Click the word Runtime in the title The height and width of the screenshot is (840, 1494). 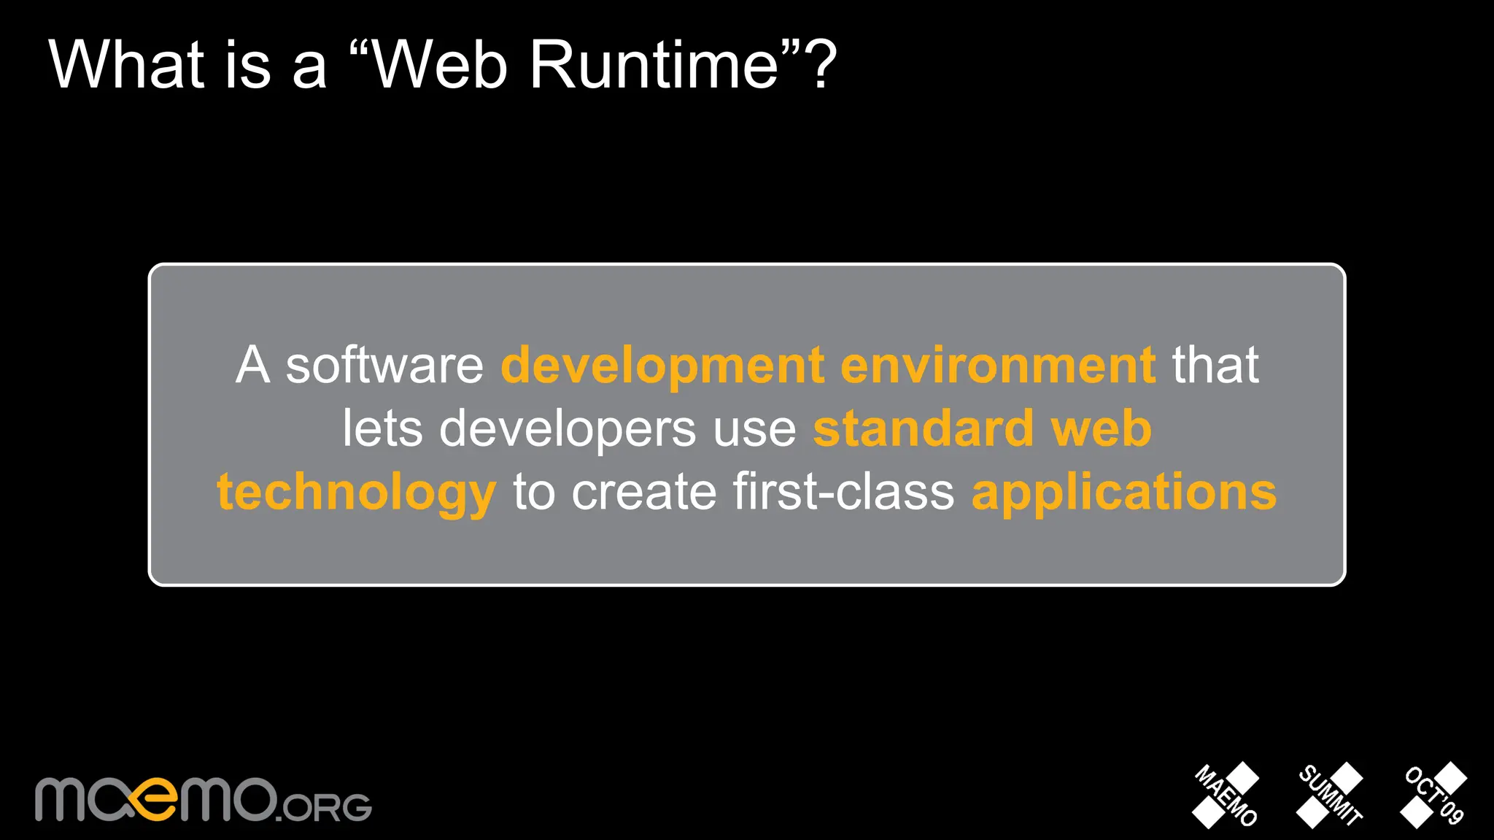(x=654, y=66)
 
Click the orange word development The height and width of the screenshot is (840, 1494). (x=662, y=366)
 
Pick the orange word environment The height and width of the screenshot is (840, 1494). (x=997, y=366)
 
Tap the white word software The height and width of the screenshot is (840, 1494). (x=384, y=366)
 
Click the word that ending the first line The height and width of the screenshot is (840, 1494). (x=1215, y=366)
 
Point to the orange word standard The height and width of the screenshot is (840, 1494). (x=924, y=429)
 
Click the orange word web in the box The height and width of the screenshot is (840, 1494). (x=1101, y=429)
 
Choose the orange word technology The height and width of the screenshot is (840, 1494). (x=357, y=493)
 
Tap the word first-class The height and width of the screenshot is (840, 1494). (x=843, y=493)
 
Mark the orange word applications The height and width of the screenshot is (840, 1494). (x=1124, y=493)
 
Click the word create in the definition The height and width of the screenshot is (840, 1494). (x=644, y=493)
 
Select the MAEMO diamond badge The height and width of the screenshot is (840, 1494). (x=1226, y=795)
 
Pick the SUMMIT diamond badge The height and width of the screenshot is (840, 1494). (x=1330, y=795)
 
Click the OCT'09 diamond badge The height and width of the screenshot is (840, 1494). (x=1434, y=795)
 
